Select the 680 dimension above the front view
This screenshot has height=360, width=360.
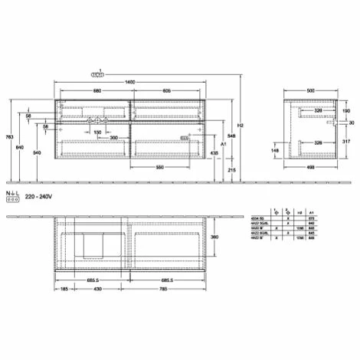coord(97,91)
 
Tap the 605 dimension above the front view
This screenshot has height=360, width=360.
coord(166,91)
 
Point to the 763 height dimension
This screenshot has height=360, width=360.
coord(8,136)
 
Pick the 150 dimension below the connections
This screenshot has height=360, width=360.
coord(97,132)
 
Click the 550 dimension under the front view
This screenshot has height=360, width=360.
coord(159,166)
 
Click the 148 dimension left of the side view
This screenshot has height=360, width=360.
coord(275,150)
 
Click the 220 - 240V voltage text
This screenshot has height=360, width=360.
coord(39,196)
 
